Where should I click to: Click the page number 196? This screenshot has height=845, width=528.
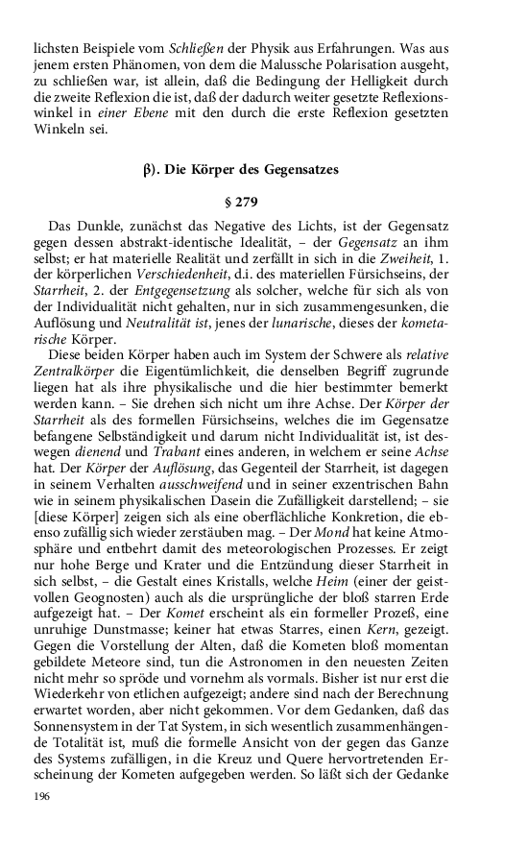[x=40, y=797]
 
